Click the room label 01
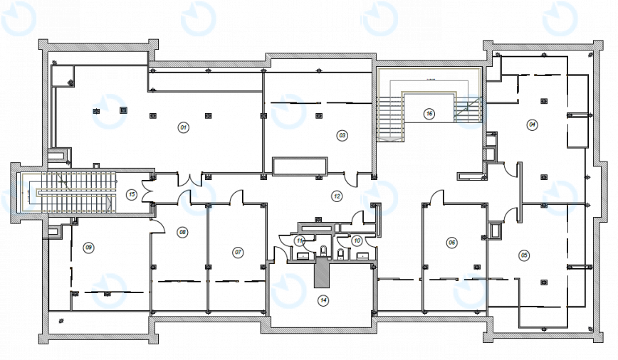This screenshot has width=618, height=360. tap(183, 127)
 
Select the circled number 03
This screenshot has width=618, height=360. tap(342, 134)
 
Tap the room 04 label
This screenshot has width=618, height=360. tap(532, 125)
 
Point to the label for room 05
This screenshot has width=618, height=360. tap(525, 255)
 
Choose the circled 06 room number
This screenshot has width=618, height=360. tap(451, 243)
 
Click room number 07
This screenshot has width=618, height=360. tap(239, 252)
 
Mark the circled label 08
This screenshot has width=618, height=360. tap(183, 232)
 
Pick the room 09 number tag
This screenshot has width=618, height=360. tap(89, 247)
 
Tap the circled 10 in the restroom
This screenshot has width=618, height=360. tap(357, 240)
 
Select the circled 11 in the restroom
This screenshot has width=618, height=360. tap(300, 240)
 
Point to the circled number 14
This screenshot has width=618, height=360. tap(323, 300)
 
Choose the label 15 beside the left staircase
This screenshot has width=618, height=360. tap(131, 194)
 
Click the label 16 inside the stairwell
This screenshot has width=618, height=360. tap(429, 113)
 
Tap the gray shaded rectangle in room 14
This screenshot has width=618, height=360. tap(323, 272)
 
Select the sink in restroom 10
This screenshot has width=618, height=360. tap(361, 255)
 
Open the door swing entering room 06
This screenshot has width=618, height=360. tap(435, 198)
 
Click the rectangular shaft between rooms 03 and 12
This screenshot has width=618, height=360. tap(300, 166)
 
